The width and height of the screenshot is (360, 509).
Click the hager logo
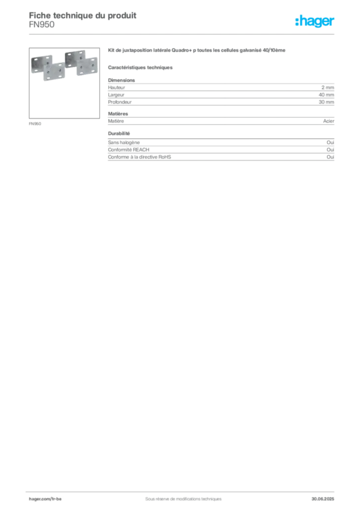click(x=315, y=21)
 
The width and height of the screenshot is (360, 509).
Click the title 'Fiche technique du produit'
click(x=83, y=15)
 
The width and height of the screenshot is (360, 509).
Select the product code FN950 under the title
click(x=42, y=25)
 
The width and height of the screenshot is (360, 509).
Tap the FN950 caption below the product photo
click(x=35, y=124)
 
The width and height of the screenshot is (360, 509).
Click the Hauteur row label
click(x=116, y=87)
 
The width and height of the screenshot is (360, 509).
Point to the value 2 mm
click(x=328, y=87)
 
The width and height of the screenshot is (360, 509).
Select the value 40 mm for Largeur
click(x=326, y=95)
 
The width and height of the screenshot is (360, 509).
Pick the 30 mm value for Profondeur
click(x=326, y=102)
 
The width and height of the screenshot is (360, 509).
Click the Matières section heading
click(x=118, y=114)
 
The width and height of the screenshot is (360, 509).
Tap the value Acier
click(x=329, y=121)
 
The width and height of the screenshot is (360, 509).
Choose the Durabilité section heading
click(x=119, y=133)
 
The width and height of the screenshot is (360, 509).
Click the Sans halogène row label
click(x=124, y=143)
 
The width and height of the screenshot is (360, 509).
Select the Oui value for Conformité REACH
click(x=330, y=150)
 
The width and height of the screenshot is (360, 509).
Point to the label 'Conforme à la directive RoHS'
click(x=139, y=157)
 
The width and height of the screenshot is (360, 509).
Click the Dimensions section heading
click(x=121, y=80)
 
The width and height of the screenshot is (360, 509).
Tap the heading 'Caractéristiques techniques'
click(x=140, y=68)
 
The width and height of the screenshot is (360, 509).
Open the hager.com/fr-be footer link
click(x=45, y=499)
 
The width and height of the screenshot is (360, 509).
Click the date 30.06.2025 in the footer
click(x=323, y=499)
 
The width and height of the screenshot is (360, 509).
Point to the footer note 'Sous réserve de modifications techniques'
click(x=183, y=499)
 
